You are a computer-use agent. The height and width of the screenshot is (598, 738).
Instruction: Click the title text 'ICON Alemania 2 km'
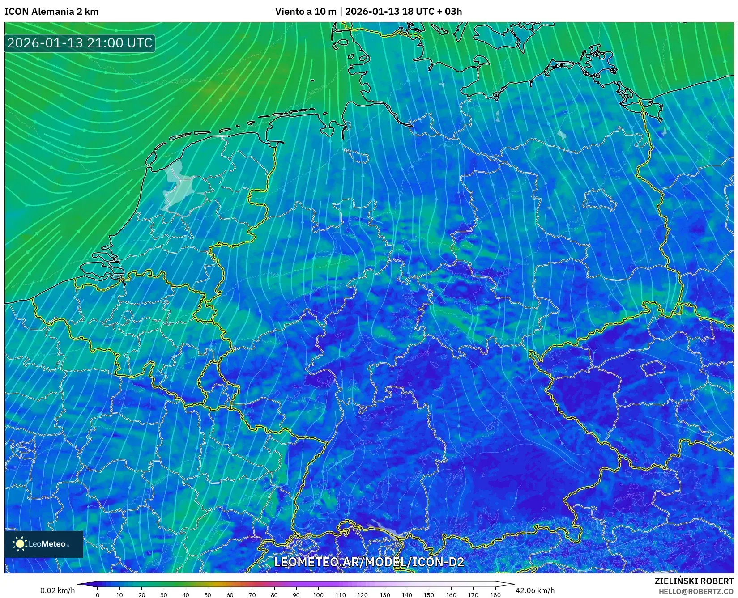click(x=51, y=12)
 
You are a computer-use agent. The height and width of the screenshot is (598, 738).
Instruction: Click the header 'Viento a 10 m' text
click(x=306, y=12)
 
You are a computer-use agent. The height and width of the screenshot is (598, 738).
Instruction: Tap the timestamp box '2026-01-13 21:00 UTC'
click(x=80, y=43)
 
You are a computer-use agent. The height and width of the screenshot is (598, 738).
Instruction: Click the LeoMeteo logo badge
click(x=44, y=544)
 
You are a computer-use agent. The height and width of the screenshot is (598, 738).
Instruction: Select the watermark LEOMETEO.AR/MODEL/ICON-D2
click(x=369, y=562)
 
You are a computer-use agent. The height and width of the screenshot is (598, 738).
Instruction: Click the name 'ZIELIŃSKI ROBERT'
click(x=694, y=581)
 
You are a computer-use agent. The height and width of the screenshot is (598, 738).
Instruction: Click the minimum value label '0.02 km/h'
click(x=57, y=590)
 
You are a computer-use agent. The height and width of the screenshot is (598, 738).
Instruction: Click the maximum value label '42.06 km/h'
click(x=535, y=590)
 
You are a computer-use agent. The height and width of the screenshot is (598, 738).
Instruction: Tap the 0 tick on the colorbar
click(x=98, y=594)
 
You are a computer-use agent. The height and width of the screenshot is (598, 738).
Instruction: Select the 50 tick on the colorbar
click(x=208, y=594)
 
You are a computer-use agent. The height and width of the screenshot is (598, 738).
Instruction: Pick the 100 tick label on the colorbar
click(x=318, y=594)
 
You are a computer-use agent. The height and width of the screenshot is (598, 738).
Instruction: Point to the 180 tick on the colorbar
click(x=495, y=594)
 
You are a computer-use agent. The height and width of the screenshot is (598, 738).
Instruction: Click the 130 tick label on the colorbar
click(x=384, y=594)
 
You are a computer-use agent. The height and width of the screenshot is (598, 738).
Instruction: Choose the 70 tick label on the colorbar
click(x=252, y=594)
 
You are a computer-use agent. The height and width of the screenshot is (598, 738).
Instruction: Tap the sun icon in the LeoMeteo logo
click(x=20, y=544)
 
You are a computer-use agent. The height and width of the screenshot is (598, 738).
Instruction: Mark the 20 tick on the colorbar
click(x=141, y=594)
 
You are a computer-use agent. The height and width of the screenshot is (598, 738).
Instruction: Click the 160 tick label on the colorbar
click(x=451, y=594)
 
